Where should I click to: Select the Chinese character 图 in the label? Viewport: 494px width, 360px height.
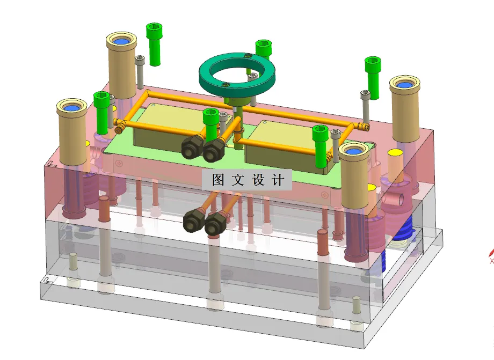click(x=217, y=180)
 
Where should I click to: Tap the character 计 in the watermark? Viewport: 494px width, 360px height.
click(x=279, y=180)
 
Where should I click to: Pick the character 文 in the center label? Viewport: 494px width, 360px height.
click(x=237, y=180)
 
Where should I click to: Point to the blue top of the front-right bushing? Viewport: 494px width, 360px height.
click(x=354, y=151)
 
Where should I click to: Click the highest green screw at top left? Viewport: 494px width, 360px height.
click(x=154, y=43)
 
